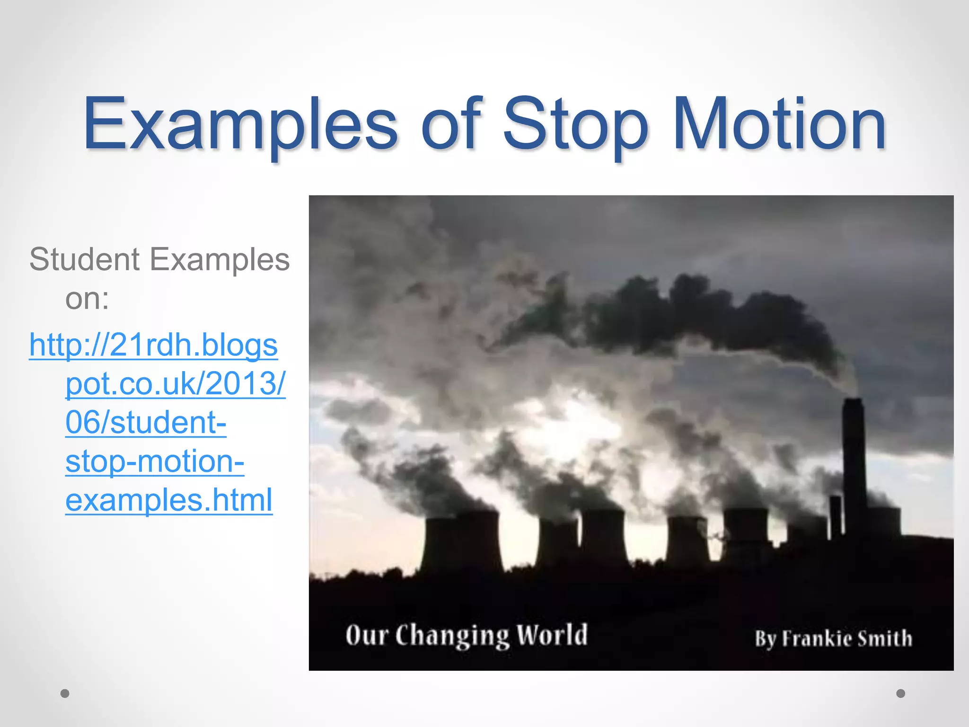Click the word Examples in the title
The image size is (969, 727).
240,124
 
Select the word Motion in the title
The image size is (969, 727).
779,124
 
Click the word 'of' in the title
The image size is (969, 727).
451,124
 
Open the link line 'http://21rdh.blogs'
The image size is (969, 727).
153,345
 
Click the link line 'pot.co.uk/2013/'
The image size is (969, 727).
175,383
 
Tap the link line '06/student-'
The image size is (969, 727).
146,422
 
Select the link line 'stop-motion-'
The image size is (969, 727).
155,461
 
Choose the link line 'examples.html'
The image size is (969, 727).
169,500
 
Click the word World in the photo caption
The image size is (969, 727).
552,635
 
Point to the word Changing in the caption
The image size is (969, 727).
452,637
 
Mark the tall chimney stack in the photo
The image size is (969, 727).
854,469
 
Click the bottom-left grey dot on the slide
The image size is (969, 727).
65,693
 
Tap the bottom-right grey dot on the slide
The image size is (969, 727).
901,693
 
